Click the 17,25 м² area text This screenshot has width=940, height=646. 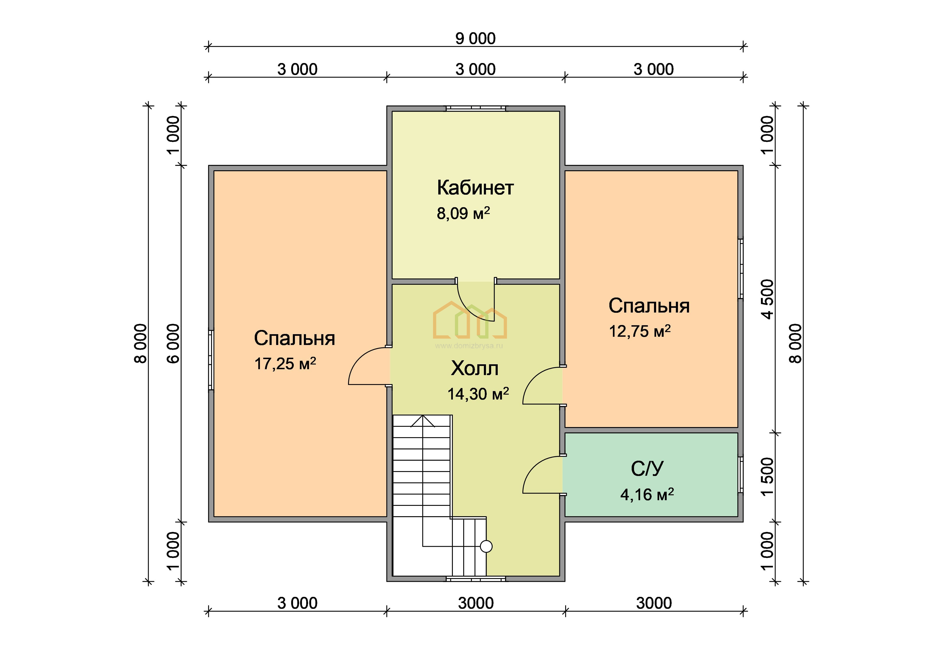pyautogui.click(x=285, y=364)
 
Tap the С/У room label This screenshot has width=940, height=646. pyautogui.click(x=647, y=469)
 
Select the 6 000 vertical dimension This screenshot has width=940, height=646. pyautogui.click(x=173, y=343)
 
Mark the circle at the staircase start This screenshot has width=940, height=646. pyautogui.click(x=486, y=547)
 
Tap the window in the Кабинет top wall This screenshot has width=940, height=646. pyautogui.click(x=476, y=108)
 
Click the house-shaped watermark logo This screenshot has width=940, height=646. pyautogui.click(x=470, y=320)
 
